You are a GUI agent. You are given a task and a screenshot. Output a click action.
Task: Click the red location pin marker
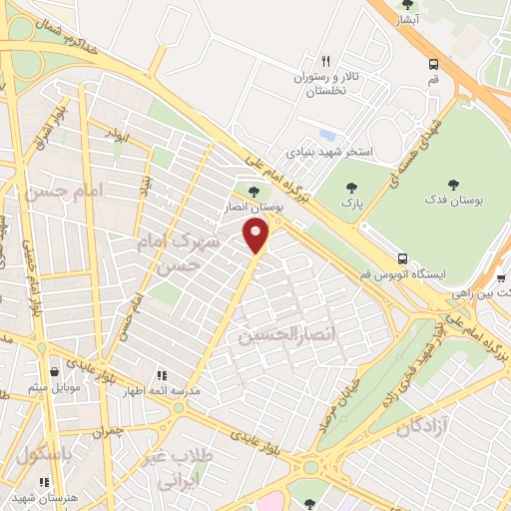(257, 235)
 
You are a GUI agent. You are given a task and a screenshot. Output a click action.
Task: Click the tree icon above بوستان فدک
(454, 184)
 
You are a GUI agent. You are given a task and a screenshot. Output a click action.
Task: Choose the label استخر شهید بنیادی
(329, 153)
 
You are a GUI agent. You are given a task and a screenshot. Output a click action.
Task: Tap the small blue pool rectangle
(327, 135)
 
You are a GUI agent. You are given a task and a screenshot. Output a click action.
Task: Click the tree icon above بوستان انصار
(253, 192)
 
